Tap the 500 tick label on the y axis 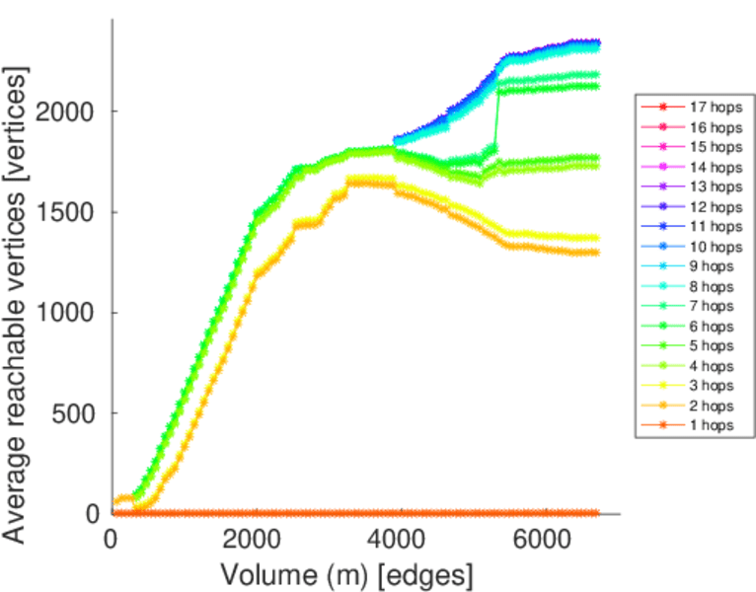click(x=75, y=413)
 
